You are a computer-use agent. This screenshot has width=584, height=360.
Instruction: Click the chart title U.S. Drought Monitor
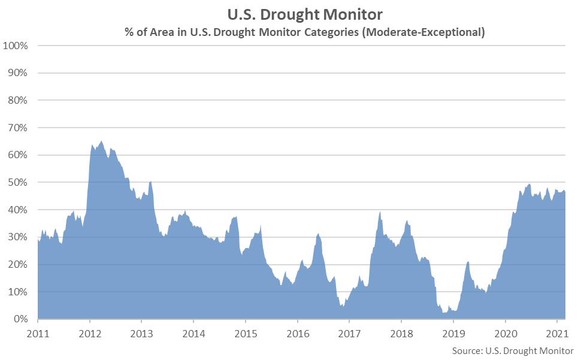305,13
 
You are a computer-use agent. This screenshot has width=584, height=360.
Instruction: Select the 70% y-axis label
18,128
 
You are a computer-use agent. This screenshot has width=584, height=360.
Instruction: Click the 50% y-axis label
18,182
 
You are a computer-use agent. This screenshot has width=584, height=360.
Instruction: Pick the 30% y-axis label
18,237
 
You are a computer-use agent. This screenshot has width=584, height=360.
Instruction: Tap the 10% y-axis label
18,292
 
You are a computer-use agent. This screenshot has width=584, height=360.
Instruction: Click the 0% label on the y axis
20,319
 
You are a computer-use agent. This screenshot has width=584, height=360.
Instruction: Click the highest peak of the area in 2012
101,141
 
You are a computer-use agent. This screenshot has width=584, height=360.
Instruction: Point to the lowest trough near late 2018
444,312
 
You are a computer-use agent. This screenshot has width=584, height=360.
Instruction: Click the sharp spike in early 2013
150,181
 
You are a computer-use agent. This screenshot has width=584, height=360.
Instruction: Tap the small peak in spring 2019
468,262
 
